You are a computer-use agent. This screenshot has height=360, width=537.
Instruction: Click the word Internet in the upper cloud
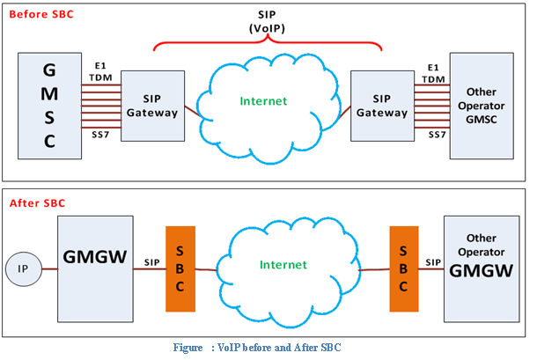[265, 101]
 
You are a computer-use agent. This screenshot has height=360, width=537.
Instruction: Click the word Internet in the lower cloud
[283, 264]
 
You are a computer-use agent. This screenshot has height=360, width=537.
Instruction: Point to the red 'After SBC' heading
[38, 203]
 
